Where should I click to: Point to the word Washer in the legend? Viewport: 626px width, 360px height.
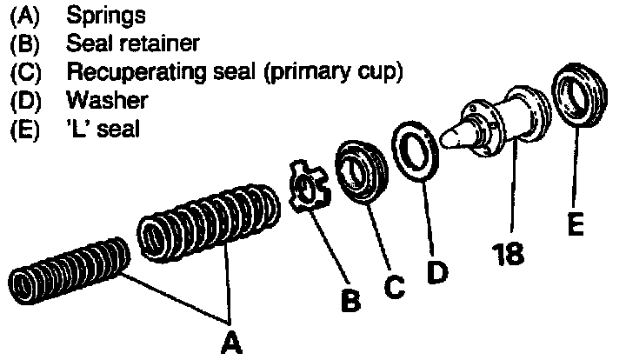point(107,100)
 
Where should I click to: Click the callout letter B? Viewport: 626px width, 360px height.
point(350,300)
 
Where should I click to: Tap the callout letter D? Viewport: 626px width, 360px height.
point(437,271)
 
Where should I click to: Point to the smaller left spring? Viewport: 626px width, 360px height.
point(70,277)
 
